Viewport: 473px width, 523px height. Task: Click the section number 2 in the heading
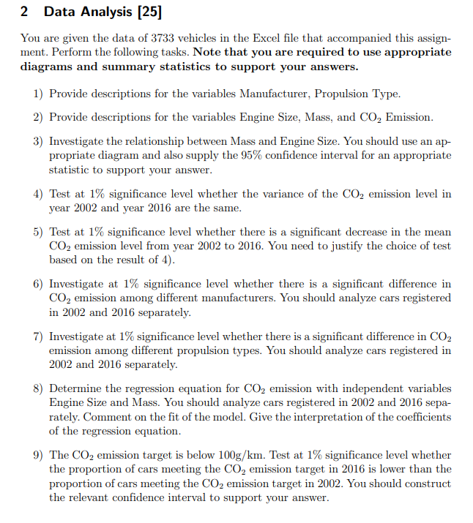coord(25,12)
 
